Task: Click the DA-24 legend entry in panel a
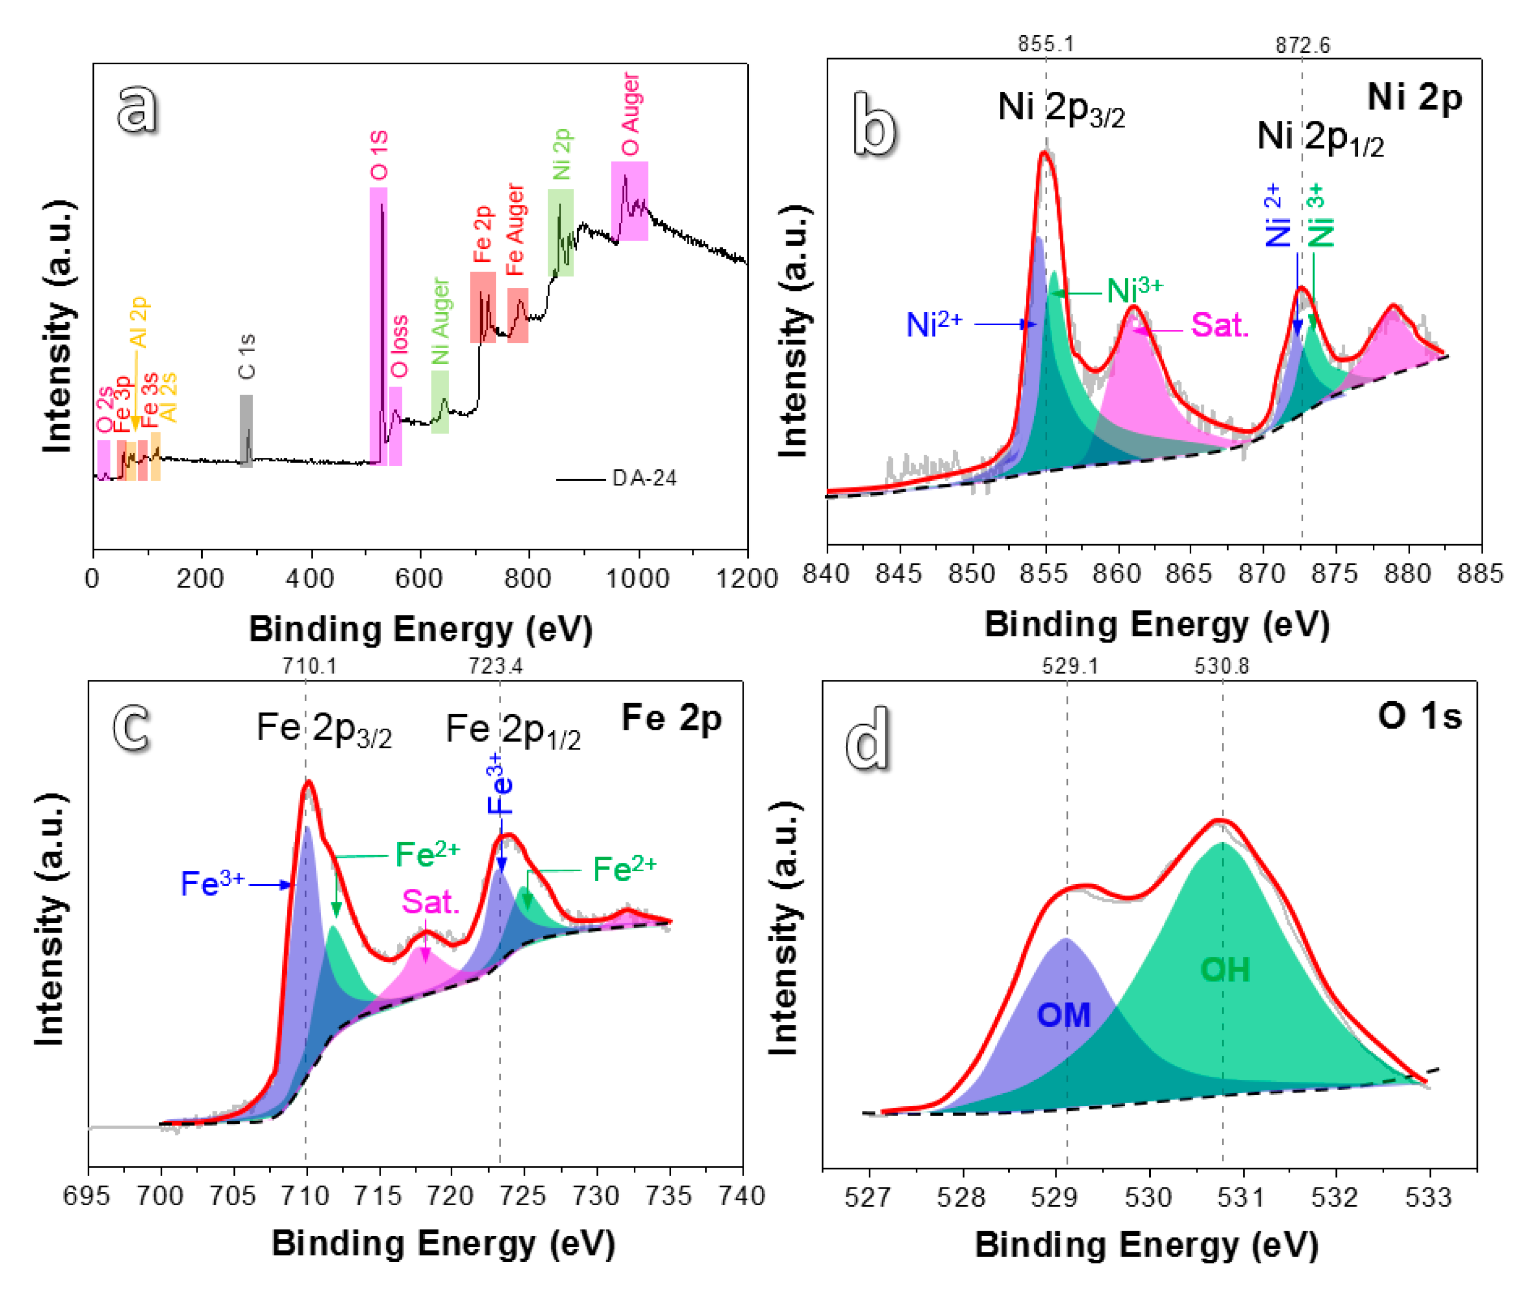tap(644, 478)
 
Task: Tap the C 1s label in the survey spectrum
tap(247, 356)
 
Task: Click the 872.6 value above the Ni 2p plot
tap(1302, 46)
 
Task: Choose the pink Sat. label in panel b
tap(1219, 325)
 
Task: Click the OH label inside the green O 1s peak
tap(1224, 970)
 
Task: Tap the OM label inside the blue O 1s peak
tap(1063, 1015)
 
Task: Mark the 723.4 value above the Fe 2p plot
tap(496, 666)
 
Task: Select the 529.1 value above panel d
tap(1069, 666)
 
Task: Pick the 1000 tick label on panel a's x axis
tap(637, 579)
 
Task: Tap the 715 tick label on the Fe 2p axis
tap(378, 1196)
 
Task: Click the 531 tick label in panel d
tap(1242, 1197)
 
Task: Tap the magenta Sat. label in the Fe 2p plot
tap(430, 901)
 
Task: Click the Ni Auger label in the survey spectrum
tap(440, 321)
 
